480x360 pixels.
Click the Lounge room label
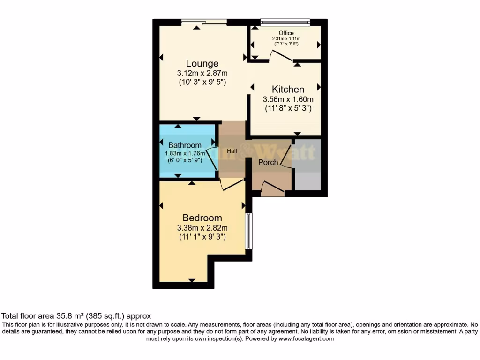pos(202,63)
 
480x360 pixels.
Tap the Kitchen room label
pos(288,89)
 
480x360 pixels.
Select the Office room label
pos(286,33)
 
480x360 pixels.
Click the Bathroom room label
pos(185,145)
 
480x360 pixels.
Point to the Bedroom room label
pos(202,218)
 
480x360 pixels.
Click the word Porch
pos(268,162)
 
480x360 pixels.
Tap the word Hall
pos(232,151)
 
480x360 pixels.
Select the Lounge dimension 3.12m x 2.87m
pos(202,73)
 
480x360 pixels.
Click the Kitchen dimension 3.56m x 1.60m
pos(288,99)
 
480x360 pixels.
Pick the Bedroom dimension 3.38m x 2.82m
pos(202,228)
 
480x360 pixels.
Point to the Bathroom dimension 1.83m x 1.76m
pos(185,153)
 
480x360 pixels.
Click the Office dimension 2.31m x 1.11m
pos(286,39)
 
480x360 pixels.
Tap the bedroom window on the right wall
pos(249,232)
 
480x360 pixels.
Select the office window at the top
pos(285,22)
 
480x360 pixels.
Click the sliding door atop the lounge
pos(204,22)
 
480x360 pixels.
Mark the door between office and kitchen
pos(281,56)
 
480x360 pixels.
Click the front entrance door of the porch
pos(272,188)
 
